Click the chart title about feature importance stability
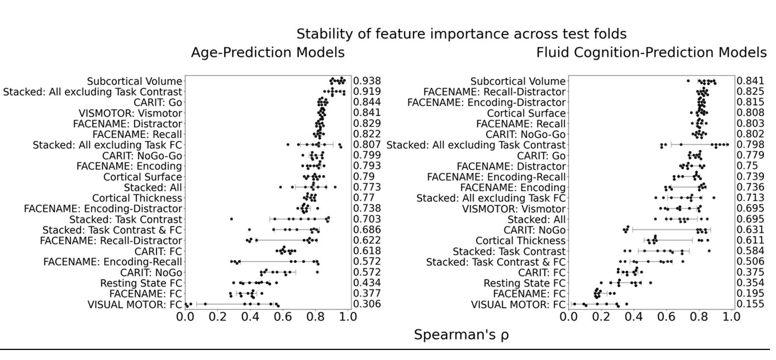click(461, 34)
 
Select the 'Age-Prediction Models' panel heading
click(267, 53)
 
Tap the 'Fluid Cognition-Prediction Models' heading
click(651, 53)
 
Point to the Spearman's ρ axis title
click(461, 335)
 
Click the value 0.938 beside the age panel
click(367, 81)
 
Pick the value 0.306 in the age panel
click(367, 304)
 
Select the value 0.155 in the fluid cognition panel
click(750, 304)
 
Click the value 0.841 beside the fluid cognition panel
click(750, 81)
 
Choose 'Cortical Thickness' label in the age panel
click(137, 198)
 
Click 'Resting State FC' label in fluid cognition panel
click(525, 283)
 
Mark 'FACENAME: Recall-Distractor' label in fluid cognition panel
click(494, 92)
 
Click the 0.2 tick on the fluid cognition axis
click(601, 317)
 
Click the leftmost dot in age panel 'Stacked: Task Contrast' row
click(231, 219)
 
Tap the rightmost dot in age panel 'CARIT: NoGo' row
click(317, 272)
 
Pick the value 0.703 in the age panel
click(367, 219)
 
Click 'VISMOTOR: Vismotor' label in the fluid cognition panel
click(514, 209)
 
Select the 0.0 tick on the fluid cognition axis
click(569, 317)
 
